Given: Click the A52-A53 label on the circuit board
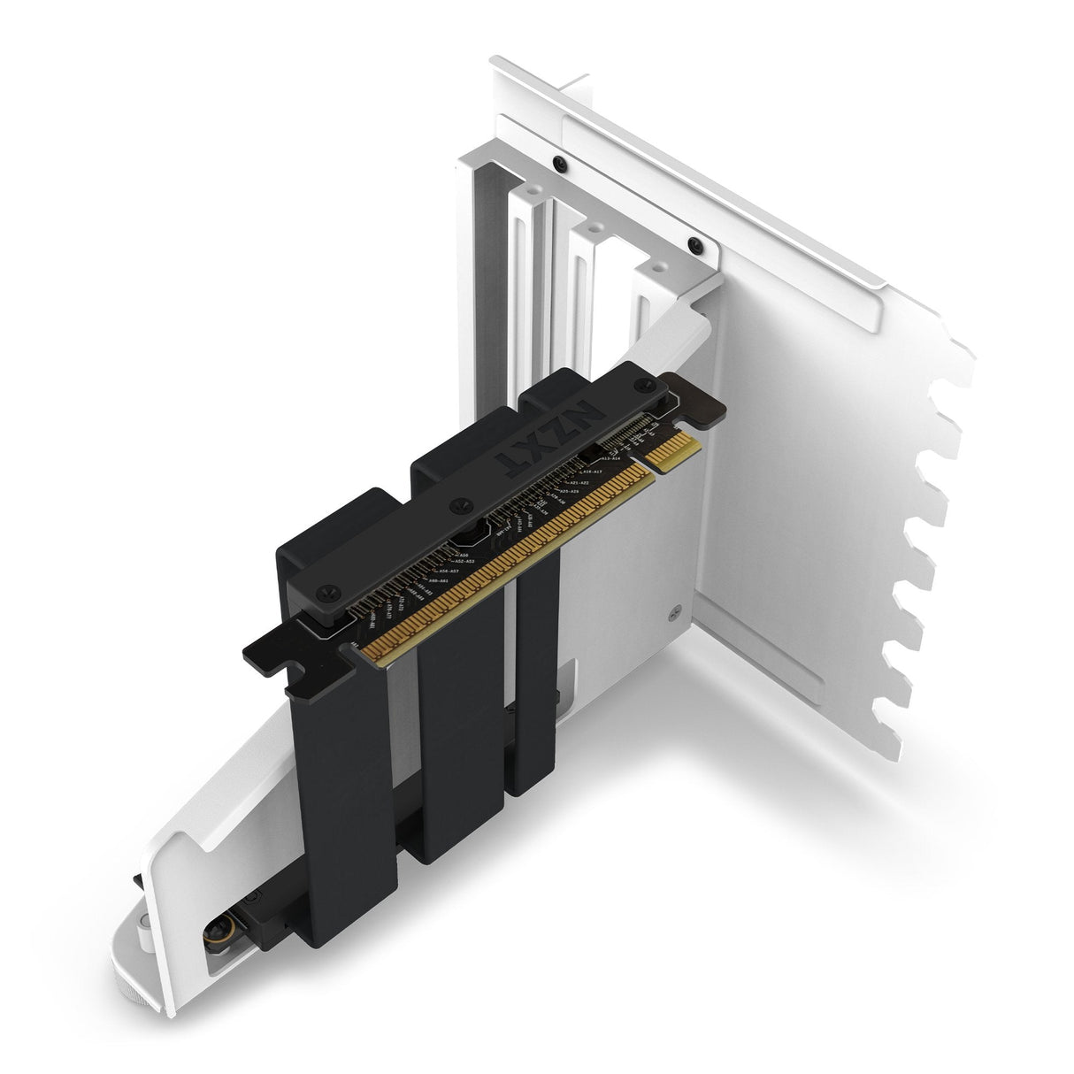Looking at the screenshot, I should (x=464, y=562).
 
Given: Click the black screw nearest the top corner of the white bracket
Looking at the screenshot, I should (x=559, y=163).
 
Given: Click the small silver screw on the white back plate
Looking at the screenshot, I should (x=674, y=609).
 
